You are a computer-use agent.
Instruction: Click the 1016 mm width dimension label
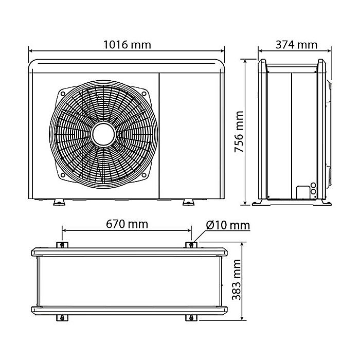click(x=127, y=44)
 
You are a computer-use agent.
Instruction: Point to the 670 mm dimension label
click(x=127, y=224)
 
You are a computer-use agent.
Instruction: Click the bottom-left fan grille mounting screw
click(x=62, y=175)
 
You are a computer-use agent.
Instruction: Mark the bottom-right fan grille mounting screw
click(x=145, y=175)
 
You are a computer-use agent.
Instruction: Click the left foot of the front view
click(x=59, y=201)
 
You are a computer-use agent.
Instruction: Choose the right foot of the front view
click(x=189, y=201)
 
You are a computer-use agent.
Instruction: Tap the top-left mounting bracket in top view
click(x=62, y=244)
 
